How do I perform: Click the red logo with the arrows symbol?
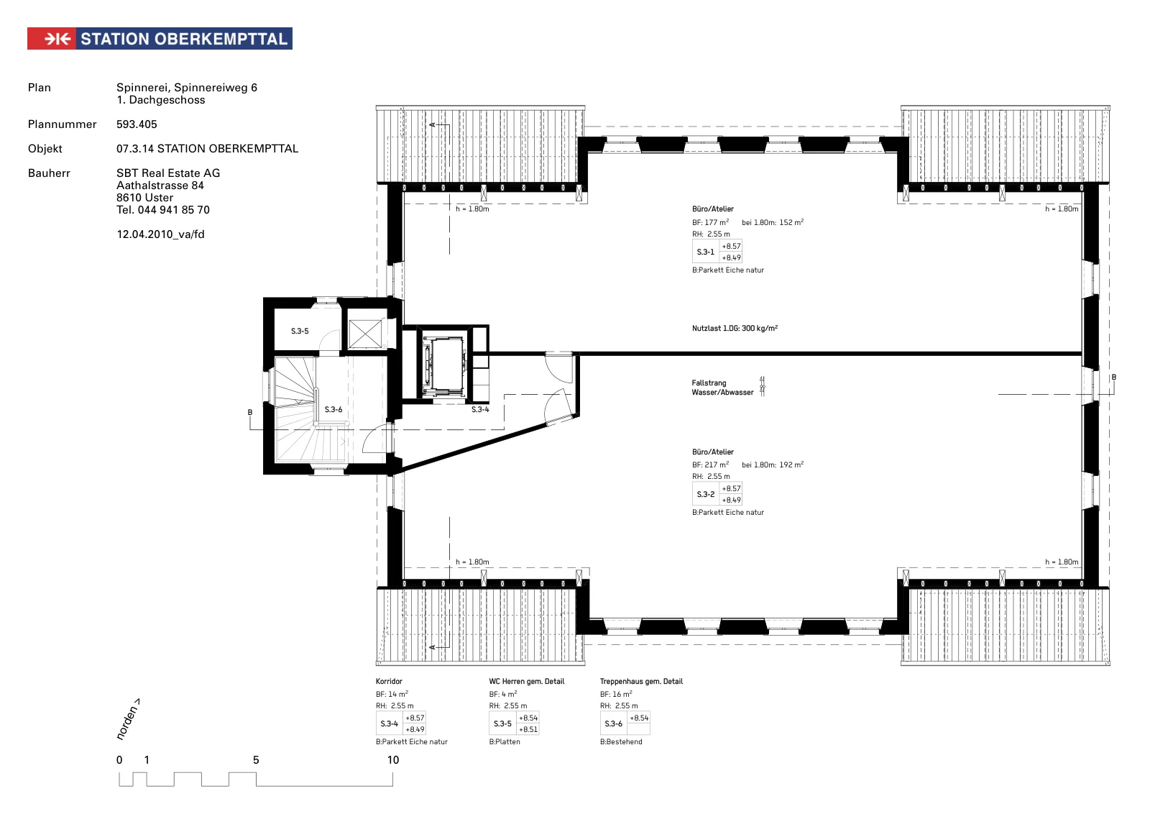52,39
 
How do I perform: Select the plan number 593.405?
137,124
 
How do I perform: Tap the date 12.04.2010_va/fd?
160,234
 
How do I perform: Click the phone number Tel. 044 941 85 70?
162,209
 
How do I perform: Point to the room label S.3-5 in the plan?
300,331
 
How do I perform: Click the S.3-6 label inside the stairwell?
333,409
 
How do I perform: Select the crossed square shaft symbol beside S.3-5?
365,334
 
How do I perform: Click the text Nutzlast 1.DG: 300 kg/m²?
735,328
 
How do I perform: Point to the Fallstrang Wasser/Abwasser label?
722,388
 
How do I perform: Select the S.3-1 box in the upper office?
717,252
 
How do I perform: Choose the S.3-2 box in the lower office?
717,494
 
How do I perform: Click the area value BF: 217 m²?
711,465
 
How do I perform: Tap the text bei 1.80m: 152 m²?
773,222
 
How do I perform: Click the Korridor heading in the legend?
389,682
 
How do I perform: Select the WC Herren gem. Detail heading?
527,682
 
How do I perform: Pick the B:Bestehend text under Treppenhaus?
621,741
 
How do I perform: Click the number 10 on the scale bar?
392,760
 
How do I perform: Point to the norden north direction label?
128,720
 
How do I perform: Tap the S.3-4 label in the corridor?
480,409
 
